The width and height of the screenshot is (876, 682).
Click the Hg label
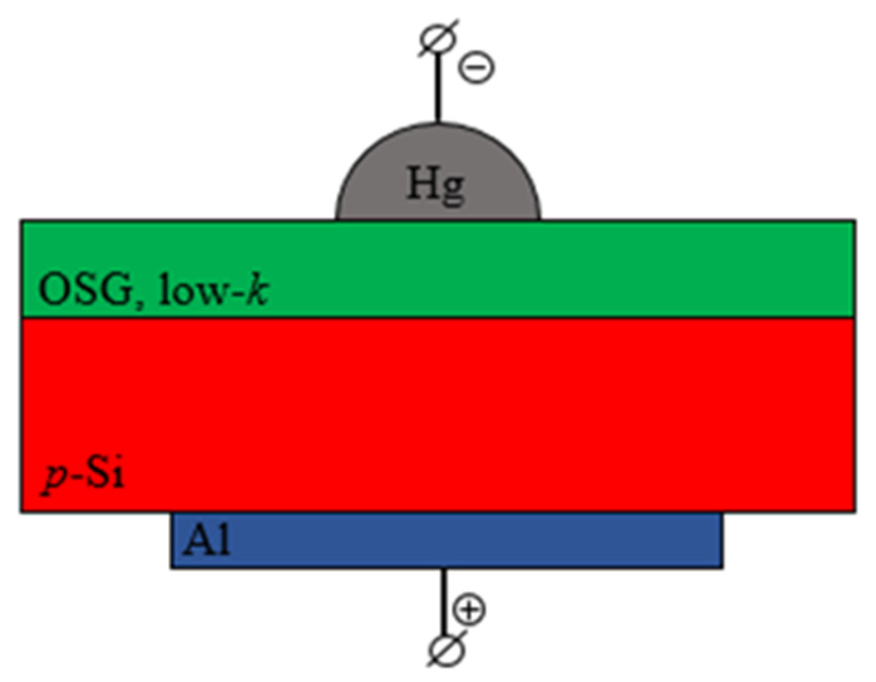436,184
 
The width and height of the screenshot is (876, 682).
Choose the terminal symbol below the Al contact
446,649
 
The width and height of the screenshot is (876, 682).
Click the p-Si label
82,476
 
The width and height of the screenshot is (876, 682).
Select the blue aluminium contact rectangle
502,540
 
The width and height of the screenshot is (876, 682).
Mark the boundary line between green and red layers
439,318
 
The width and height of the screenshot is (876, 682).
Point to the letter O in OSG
53,290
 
